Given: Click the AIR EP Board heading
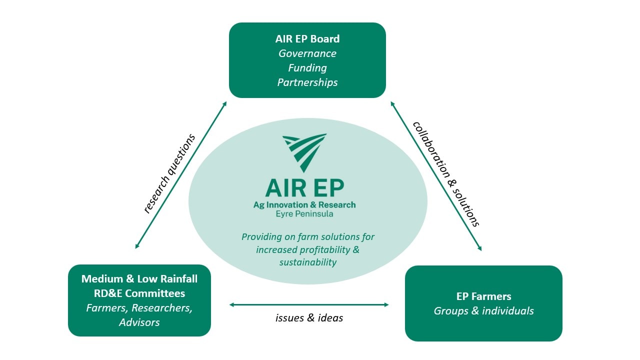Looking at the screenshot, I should [307, 39].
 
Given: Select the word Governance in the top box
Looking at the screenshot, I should [307, 53].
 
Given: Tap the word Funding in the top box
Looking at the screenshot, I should [307, 68].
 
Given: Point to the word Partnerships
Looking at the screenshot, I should [307, 82].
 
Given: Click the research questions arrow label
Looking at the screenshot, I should [168, 173].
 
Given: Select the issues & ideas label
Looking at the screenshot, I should [309, 318].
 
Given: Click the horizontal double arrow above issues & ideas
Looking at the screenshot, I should [309, 304].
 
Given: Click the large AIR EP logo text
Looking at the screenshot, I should [304, 188].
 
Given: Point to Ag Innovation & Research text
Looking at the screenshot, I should [304, 205].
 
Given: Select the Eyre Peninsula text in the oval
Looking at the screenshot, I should [304, 214].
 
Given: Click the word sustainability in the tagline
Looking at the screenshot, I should [307, 262].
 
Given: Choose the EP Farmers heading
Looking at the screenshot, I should [483, 296].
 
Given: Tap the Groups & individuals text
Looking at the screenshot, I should [483, 311].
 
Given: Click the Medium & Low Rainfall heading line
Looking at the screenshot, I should [139, 279].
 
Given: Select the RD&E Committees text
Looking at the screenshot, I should [139, 293].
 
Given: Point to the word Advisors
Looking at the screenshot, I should [139, 322].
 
